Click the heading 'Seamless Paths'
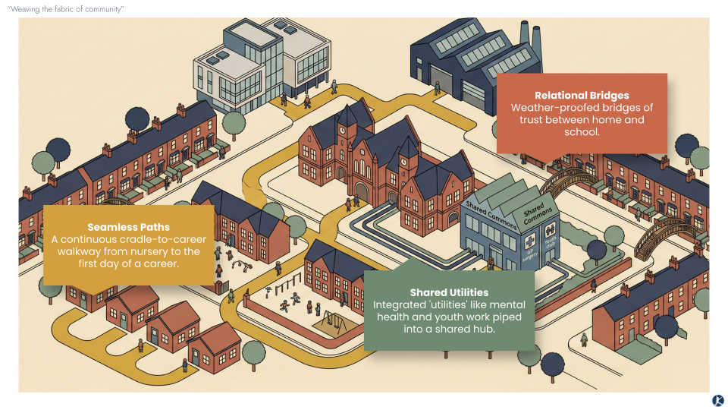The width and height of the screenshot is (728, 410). (128, 227)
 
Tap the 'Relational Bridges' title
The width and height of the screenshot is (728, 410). (582, 96)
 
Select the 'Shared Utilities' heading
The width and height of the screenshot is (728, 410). (449, 292)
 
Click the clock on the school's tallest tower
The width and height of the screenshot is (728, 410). (342, 130)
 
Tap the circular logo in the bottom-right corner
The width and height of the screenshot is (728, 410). (717, 400)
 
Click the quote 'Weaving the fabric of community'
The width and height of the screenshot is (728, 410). (65, 9)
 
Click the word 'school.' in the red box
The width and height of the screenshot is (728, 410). (582, 132)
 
